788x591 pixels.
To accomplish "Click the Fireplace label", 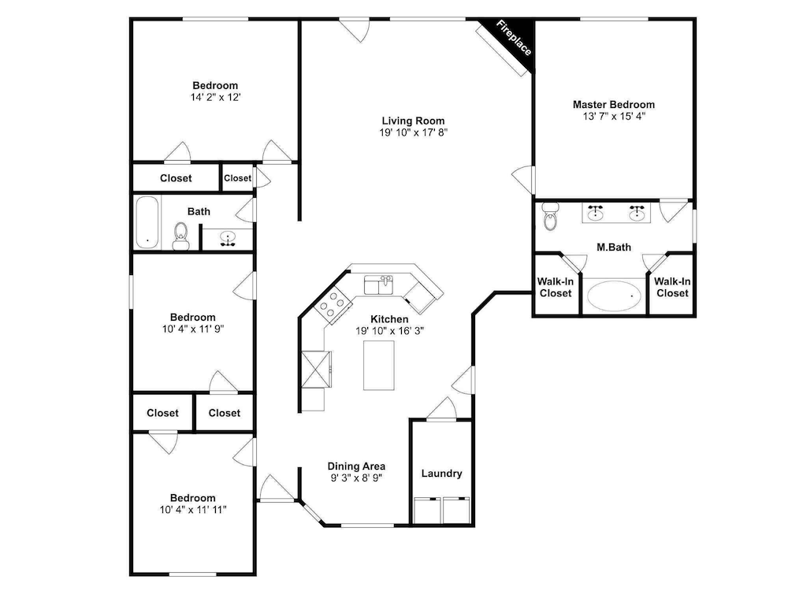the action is (514, 38).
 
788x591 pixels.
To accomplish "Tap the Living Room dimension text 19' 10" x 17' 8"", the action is (413, 132).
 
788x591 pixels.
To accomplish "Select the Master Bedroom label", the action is (614, 105).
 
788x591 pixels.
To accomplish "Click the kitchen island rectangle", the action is (379, 366).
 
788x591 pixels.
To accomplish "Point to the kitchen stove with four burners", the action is (333, 303).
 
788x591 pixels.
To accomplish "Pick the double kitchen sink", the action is (379, 285).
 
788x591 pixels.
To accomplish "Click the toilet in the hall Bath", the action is (181, 236).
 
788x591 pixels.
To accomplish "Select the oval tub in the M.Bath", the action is (614, 296).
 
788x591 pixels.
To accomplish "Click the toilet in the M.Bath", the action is (551, 216).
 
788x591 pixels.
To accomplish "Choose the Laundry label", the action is (442, 474).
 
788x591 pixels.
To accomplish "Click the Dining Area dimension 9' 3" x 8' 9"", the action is (356, 478).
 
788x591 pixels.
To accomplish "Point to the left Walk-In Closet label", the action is (556, 288).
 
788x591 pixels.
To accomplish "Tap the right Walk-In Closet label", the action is (672, 288).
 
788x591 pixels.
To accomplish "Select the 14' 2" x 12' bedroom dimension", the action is (215, 98).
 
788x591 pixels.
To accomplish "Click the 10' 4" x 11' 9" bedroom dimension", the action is (192, 329).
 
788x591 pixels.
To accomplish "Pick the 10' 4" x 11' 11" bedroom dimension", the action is (193, 510).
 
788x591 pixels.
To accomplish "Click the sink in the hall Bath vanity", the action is (228, 239).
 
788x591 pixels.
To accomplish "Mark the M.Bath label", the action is (614, 247).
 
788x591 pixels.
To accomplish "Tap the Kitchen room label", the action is (389, 319).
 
